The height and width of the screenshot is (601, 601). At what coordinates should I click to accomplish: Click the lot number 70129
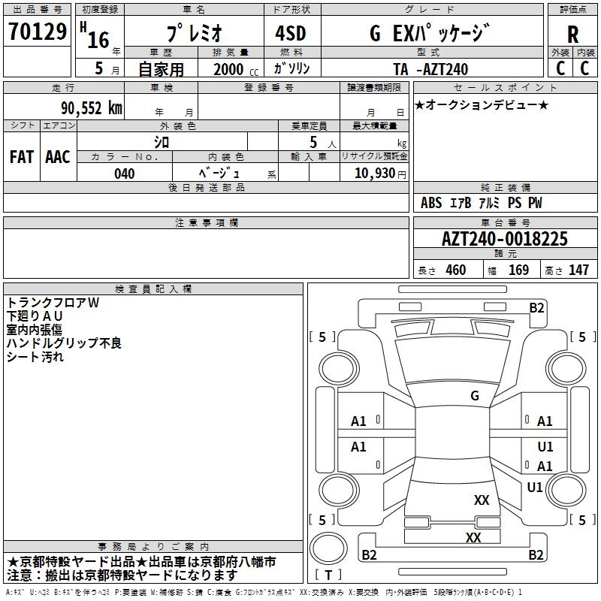[x=38, y=32]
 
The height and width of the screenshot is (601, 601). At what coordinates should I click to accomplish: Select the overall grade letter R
[x=572, y=35]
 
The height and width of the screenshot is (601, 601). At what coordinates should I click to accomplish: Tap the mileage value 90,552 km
[x=92, y=108]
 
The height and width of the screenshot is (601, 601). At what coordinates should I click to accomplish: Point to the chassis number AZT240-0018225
[x=504, y=239]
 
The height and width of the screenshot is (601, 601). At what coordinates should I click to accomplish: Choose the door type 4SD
[x=291, y=33]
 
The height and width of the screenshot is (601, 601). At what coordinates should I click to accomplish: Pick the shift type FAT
[x=22, y=157]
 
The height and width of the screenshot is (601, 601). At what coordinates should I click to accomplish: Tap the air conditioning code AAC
[x=58, y=157]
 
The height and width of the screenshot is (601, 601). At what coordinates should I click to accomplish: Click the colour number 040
[x=125, y=174]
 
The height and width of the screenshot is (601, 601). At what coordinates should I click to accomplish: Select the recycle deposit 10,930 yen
[x=380, y=174]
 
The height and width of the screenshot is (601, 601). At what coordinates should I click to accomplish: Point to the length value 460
[x=456, y=270]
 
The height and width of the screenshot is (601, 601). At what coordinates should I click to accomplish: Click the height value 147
[x=578, y=270]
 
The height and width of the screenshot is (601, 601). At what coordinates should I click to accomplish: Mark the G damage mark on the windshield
[x=475, y=396]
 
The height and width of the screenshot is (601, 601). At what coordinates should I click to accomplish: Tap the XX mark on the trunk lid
[x=482, y=500]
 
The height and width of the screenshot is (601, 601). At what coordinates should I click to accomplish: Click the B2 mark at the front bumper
[x=536, y=308]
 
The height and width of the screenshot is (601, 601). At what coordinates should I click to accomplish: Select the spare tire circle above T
[x=328, y=548]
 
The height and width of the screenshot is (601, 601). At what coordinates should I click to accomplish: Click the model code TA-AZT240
[x=430, y=69]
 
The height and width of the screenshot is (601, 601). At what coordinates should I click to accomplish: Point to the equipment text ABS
[x=431, y=203]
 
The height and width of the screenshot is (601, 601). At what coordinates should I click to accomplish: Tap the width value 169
[x=518, y=270]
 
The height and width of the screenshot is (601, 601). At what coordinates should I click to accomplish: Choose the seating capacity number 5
[x=313, y=142]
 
